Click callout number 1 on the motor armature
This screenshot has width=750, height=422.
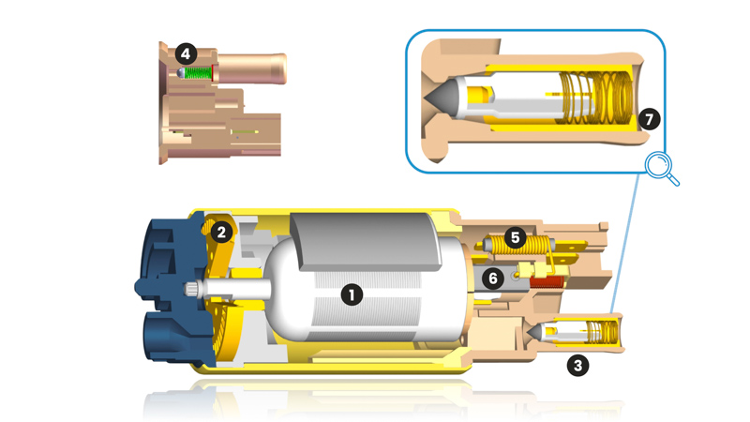click(x=351, y=294)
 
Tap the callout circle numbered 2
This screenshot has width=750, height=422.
click(x=221, y=231)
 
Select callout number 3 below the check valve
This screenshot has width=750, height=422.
click(x=577, y=366)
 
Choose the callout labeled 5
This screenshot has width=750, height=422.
click(x=514, y=238)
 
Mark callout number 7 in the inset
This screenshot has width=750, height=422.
click(x=648, y=119)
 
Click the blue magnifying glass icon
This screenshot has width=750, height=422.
click(x=663, y=170)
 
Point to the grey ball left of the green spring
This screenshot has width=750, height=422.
click(x=180, y=73)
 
